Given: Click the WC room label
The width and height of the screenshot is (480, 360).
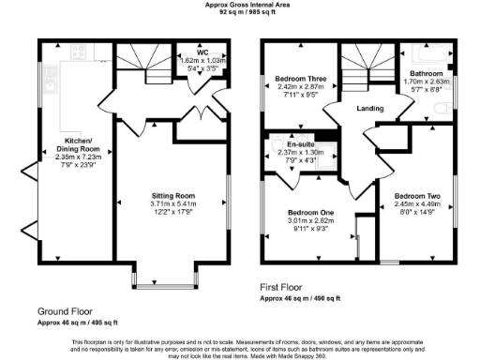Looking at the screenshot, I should click(202, 53).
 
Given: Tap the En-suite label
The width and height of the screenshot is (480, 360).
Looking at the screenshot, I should click(301, 145).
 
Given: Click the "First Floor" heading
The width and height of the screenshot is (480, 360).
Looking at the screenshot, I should click(287, 288).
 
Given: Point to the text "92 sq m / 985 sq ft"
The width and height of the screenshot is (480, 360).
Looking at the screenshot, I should click(240, 14).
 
